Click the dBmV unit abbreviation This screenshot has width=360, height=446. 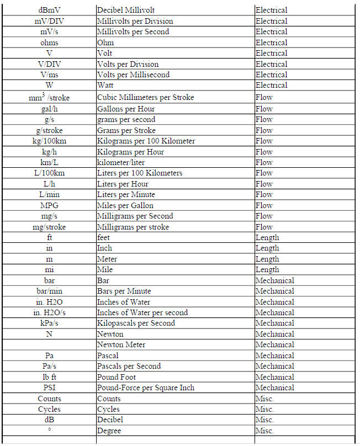49,10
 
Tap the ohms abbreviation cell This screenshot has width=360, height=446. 49,43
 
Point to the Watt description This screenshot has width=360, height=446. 106,85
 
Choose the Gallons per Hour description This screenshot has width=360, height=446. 126,109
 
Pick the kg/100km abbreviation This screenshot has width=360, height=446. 49,141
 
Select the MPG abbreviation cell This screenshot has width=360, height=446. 49,205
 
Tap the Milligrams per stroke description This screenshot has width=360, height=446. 133,227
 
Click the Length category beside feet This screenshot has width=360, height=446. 267,237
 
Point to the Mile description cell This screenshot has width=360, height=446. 105,270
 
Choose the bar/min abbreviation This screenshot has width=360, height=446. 49,291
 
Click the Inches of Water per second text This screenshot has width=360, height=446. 142,312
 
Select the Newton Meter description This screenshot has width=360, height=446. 121,344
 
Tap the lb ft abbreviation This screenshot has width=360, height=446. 49,377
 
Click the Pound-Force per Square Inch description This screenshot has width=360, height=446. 146,387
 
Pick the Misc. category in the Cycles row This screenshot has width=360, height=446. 264,409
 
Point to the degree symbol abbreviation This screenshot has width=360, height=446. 49,429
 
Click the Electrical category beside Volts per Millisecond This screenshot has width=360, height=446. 271,75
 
